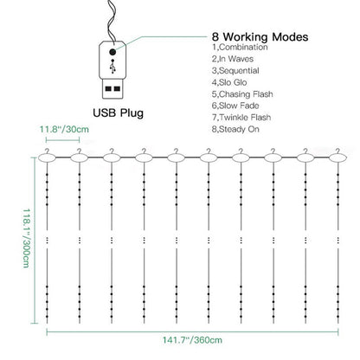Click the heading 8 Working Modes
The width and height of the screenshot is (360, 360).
pyautogui.click(x=260, y=37)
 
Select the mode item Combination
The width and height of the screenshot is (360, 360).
pyautogui.click(x=240, y=48)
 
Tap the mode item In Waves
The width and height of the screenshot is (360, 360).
pyautogui.click(x=233, y=59)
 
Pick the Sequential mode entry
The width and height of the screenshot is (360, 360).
pyautogui.click(x=235, y=71)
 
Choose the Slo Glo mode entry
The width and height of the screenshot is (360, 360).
pyautogui.click(x=229, y=82)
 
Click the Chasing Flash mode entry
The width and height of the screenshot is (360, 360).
pyautogui.click(x=242, y=94)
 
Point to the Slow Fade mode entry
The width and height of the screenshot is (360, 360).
pyautogui.click(x=235, y=106)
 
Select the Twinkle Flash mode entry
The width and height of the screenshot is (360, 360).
pyautogui.click(x=241, y=118)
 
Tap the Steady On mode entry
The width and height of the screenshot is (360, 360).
pyautogui.click(x=235, y=129)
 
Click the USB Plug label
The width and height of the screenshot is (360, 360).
pyautogui.click(x=118, y=112)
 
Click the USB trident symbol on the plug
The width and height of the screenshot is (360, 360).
pyautogui.click(x=112, y=67)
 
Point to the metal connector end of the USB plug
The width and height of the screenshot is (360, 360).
pyautogui.click(x=112, y=89)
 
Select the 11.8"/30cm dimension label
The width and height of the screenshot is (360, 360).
pyautogui.click(x=64, y=129)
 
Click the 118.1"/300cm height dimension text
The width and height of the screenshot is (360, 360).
pyautogui.click(x=26, y=238)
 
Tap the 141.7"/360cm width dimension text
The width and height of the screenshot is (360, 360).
pyautogui.click(x=192, y=340)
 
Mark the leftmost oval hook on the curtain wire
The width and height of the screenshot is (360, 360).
pyautogui.click(x=47, y=157)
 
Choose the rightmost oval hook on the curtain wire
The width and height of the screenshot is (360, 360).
pyautogui.click(x=338, y=157)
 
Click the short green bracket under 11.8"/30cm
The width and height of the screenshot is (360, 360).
pyautogui.click(x=62, y=140)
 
